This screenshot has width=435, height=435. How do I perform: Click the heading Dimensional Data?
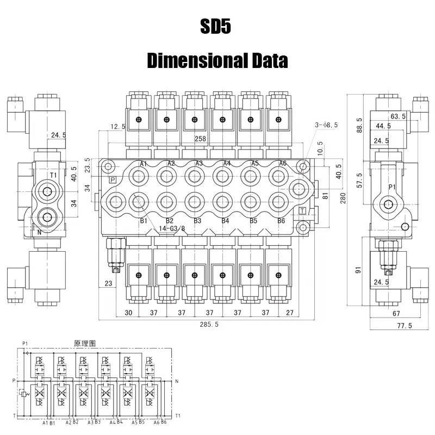pyautogui.click(x=217, y=60)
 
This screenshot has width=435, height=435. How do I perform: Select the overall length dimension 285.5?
pyautogui.click(x=208, y=325)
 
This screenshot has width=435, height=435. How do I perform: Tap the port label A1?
pyautogui.click(x=144, y=164)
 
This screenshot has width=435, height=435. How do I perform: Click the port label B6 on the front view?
pyautogui.click(x=281, y=221)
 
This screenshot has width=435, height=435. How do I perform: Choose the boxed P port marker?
pyautogui.click(x=113, y=179)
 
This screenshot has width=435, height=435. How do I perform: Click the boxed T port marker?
pyautogui.click(x=302, y=210)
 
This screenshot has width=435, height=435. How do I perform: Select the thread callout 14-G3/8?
pyautogui.click(x=171, y=229)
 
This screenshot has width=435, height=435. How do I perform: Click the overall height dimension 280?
pyautogui.click(x=342, y=200)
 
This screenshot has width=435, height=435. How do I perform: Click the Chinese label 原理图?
pyautogui.click(x=85, y=344)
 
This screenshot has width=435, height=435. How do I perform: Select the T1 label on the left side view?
pyautogui.click(x=53, y=175)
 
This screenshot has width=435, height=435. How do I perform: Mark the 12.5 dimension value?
pyautogui.click(x=117, y=127)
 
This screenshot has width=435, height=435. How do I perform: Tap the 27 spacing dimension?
pyautogui.click(x=290, y=313)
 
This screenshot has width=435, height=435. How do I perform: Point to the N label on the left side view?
pyautogui.click(x=39, y=232)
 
